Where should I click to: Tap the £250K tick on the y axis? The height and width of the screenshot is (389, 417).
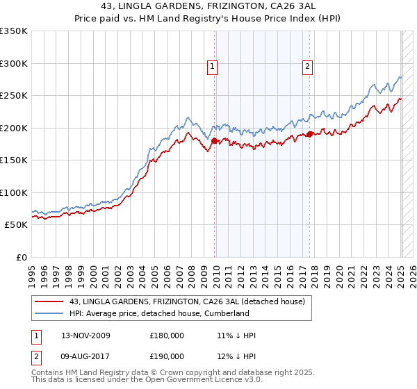tap(14, 96)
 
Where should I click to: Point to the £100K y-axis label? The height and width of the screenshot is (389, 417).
tap(14, 193)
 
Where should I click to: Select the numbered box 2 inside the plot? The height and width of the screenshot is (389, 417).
tap(307, 67)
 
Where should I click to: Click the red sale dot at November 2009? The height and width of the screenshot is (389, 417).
tap(214, 141)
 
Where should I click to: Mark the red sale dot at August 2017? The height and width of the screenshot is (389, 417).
tap(309, 135)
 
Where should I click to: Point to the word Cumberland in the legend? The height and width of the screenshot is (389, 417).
tap(226, 313)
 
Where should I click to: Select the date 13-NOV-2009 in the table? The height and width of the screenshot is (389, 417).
tap(85, 336)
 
